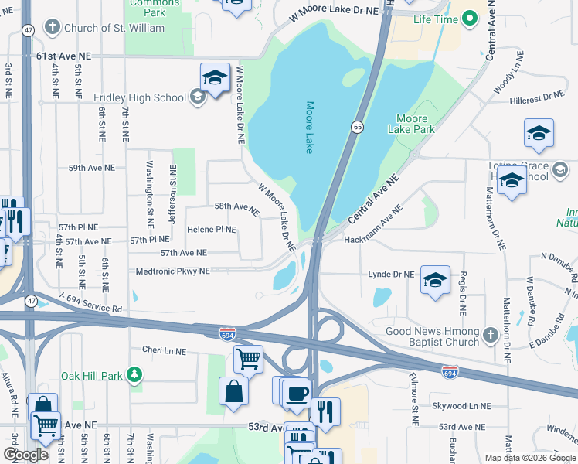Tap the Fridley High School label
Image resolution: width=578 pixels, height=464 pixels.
pos(140,97)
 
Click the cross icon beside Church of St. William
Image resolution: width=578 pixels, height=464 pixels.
pos(52,29)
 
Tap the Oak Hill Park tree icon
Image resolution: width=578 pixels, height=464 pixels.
pos(135,376)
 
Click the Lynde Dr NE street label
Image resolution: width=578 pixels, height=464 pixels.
pos(392,275)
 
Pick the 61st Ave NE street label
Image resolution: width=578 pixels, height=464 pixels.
pos(63,56)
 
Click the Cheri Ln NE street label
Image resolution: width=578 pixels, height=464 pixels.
pos(164,350)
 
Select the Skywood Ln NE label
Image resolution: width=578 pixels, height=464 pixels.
pos(461,405)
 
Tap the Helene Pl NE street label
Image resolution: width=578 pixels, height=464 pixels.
pos(211,230)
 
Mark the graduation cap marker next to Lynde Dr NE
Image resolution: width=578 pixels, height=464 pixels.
pos(435,280)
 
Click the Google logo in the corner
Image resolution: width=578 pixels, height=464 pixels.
pos(25,454)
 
